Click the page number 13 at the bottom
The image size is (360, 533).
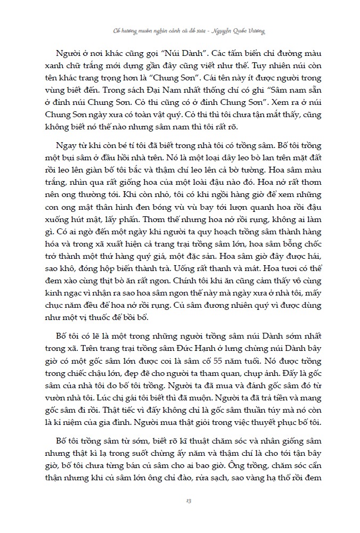pyautogui.click(x=181, y=501)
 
